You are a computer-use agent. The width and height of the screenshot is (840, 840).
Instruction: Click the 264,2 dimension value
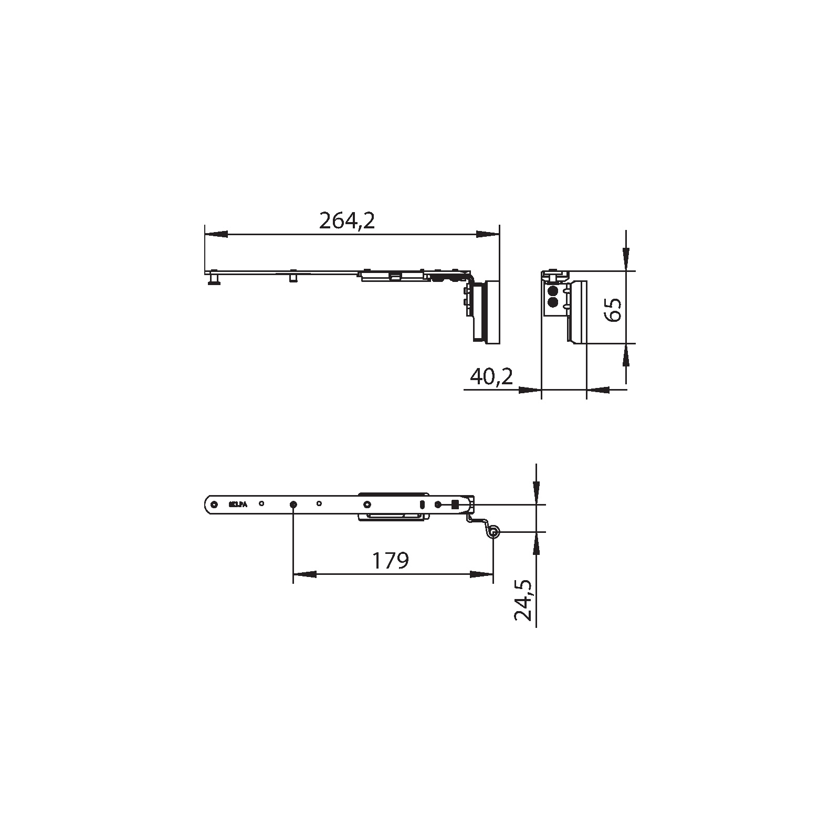coord(347,221)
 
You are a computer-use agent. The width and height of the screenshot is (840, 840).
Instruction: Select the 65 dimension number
coord(613,309)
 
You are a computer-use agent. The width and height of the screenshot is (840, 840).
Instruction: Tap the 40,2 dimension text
coord(491,376)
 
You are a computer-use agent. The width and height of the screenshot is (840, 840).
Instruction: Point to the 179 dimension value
coord(390,561)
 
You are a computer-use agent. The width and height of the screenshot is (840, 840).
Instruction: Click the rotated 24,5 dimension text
coord(523,601)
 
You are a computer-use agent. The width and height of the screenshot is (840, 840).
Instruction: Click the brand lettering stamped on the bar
coord(238,504)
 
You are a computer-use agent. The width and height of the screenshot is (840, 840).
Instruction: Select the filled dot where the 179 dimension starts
coord(293,505)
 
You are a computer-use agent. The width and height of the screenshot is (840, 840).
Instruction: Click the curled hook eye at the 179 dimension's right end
coord(493,533)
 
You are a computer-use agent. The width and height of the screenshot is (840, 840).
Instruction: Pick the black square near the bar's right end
coord(455,505)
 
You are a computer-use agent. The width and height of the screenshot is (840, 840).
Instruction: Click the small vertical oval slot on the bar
coord(422,505)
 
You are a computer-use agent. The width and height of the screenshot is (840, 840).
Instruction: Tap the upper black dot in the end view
coord(552,291)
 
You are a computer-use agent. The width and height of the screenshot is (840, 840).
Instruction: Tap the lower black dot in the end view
coord(552,302)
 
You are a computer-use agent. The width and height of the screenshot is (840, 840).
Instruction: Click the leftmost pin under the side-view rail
coord(214,279)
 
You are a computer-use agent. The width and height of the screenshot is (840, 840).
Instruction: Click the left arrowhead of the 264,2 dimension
coord(216,234)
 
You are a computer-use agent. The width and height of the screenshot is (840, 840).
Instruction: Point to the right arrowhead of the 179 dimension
coord(482,574)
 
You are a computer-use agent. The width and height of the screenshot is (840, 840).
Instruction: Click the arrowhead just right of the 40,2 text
coord(530,390)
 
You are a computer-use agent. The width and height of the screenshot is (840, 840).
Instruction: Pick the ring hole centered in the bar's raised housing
coord(367,505)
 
